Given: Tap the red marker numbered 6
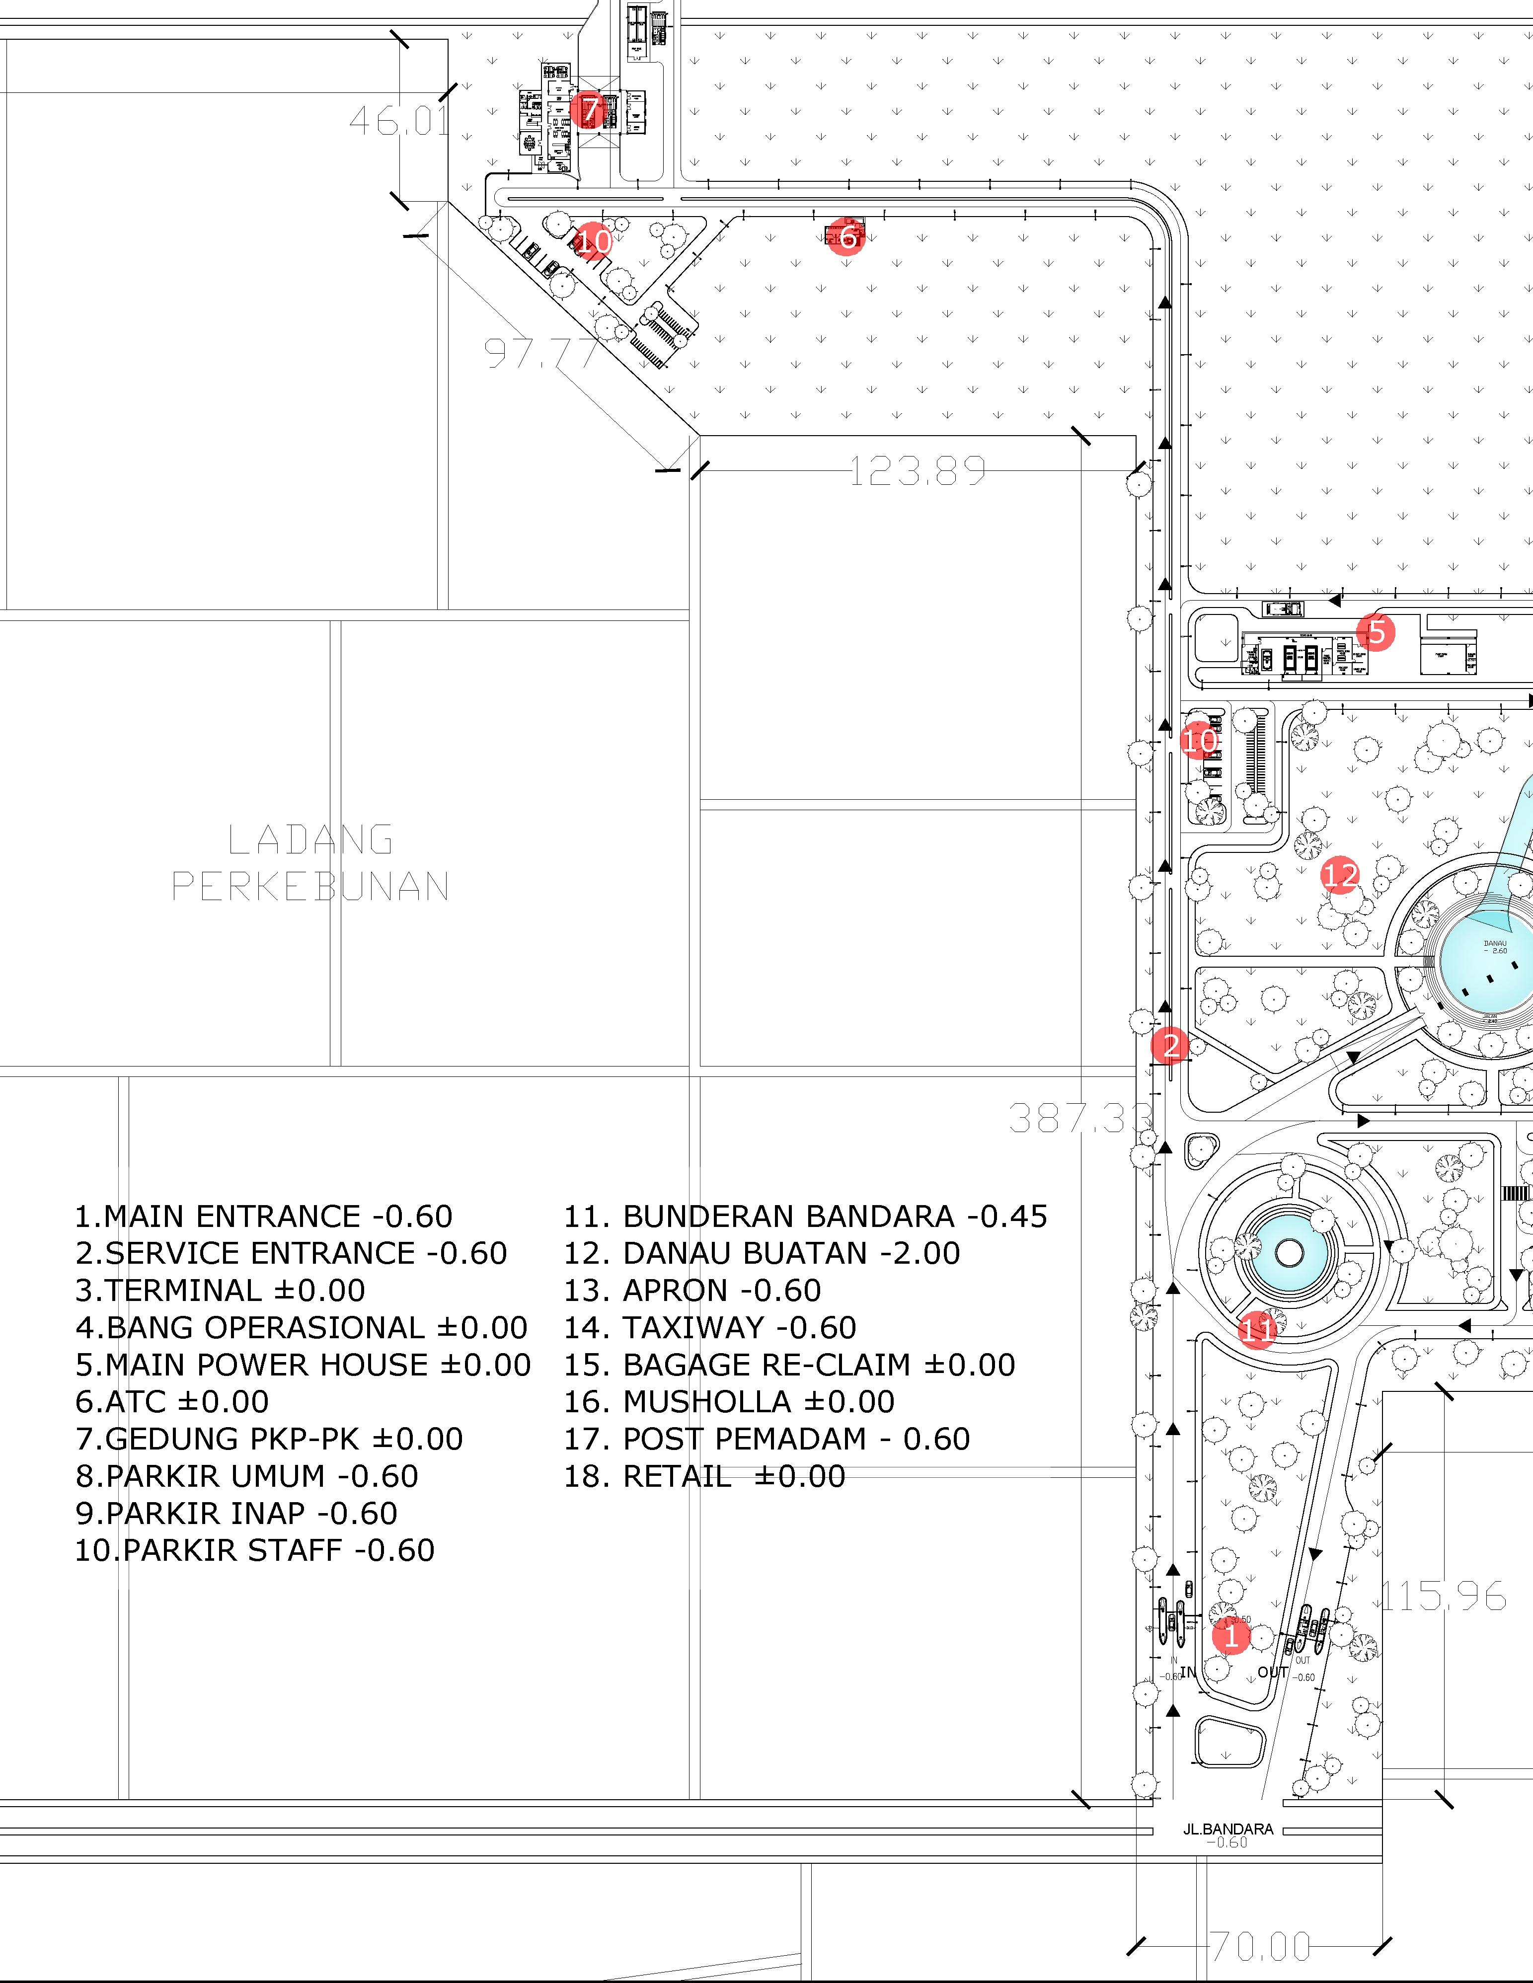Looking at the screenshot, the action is pyautogui.click(x=846, y=237).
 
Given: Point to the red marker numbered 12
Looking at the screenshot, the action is pyautogui.click(x=1340, y=876).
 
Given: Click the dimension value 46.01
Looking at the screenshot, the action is pyautogui.click(x=399, y=121).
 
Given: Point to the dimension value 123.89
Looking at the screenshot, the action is pyautogui.click(x=917, y=471).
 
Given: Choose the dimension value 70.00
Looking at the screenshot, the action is pyautogui.click(x=1261, y=1947).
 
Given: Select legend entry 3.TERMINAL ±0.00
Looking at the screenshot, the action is pyautogui.click(x=221, y=1290).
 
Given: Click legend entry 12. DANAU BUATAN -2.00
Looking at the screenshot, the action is pyautogui.click(x=761, y=1253).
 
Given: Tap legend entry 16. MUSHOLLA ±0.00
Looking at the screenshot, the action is pyautogui.click(x=728, y=1402).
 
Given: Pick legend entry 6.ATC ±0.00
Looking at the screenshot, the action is pyautogui.click(x=172, y=1402).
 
